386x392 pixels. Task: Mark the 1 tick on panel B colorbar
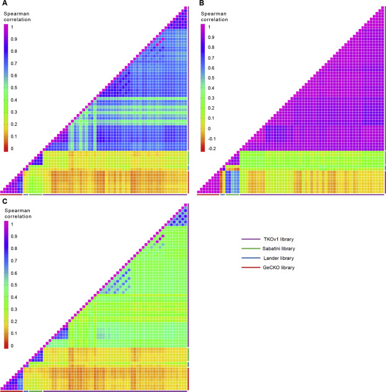[x=209, y=27]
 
